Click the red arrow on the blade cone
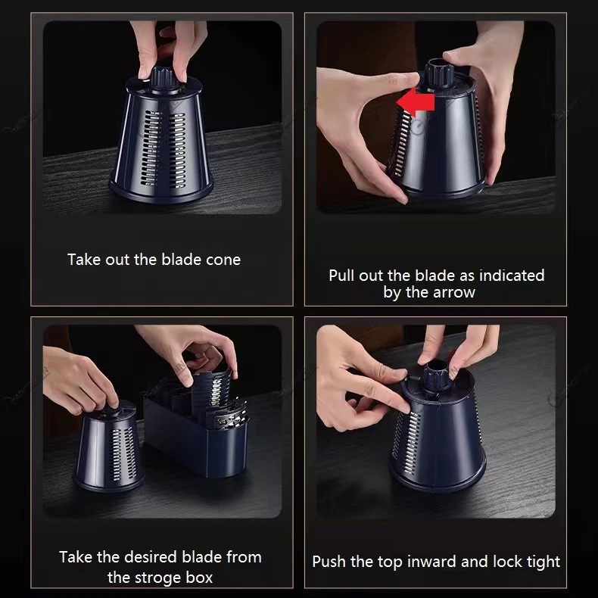[415, 102]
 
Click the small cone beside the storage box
[109, 446]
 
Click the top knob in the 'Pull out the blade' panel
[439, 73]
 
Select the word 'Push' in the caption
[329, 562]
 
